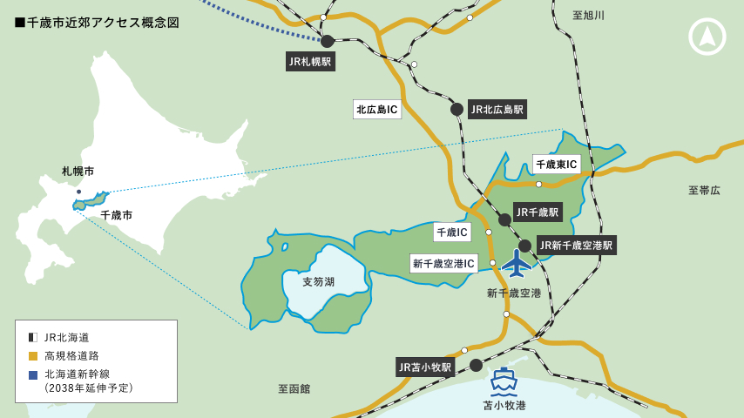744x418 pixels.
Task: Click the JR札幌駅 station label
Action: (x=310, y=61)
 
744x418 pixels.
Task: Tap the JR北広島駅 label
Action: (x=497, y=109)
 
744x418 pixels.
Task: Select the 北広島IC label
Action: (x=376, y=109)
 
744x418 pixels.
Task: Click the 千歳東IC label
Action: (x=556, y=164)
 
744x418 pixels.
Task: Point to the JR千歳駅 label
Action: (x=538, y=212)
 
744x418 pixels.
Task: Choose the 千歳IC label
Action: (x=452, y=232)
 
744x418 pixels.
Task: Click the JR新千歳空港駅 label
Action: (x=577, y=245)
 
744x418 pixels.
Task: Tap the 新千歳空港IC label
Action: (x=443, y=263)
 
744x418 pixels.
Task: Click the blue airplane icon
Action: (x=517, y=262)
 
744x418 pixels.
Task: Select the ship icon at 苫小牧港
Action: (x=504, y=381)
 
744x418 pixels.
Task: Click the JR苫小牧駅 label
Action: (x=425, y=367)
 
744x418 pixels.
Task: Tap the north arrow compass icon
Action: (x=707, y=37)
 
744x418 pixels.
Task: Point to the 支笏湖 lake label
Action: (x=318, y=281)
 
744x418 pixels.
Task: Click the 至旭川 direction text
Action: (x=588, y=16)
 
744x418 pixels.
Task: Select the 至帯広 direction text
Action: (x=704, y=190)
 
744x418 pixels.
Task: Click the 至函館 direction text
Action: (x=294, y=388)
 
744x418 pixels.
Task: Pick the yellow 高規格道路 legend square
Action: (x=33, y=355)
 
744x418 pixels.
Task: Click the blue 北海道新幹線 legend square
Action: (x=33, y=374)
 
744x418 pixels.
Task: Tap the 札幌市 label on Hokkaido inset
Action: (x=78, y=172)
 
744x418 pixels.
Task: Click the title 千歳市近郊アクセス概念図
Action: (x=97, y=23)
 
